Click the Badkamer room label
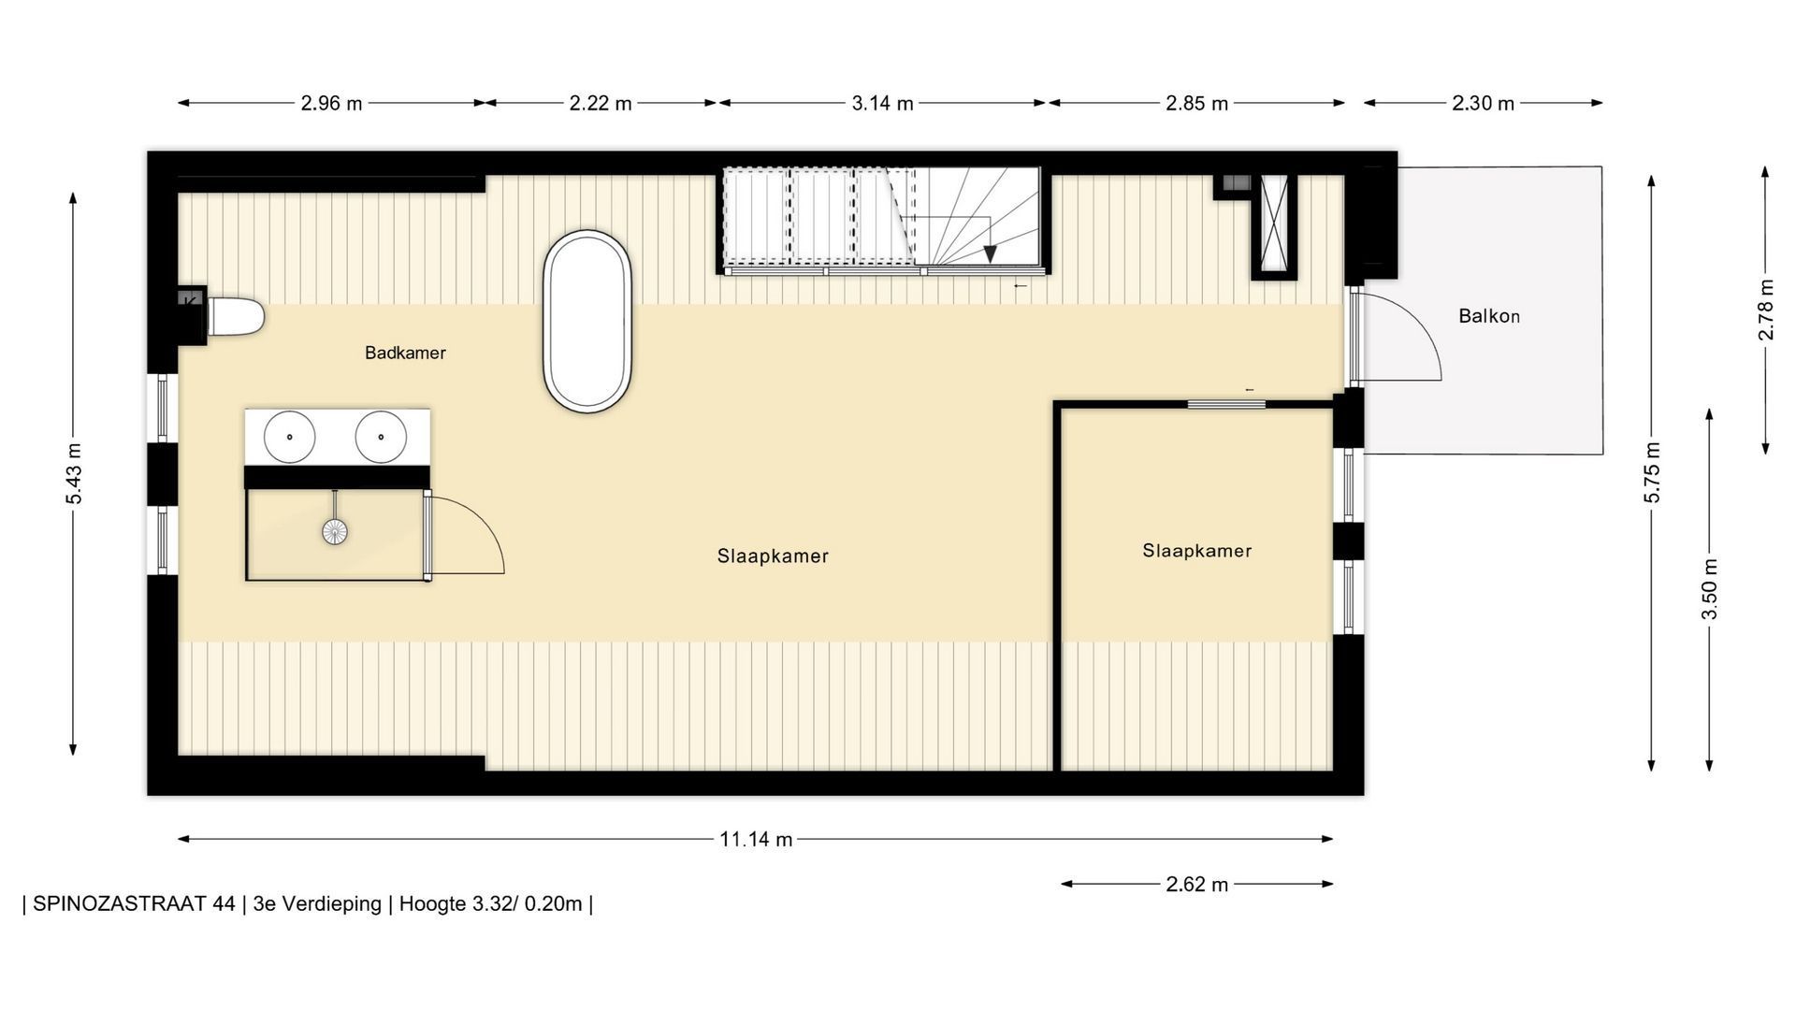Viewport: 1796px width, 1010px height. (x=405, y=353)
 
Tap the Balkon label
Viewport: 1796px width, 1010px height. (x=1489, y=316)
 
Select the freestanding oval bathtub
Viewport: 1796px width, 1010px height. (x=587, y=321)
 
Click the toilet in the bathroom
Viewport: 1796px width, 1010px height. (x=234, y=316)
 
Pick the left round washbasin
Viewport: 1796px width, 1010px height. (x=289, y=436)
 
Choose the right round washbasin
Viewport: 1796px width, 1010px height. (x=381, y=436)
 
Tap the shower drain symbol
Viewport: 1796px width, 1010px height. (x=335, y=531)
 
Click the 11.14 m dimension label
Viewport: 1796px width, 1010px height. (x=756, y=839)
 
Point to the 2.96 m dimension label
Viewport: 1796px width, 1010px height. (x=331, y=103)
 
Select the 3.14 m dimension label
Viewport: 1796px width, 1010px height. (x=882, y=103)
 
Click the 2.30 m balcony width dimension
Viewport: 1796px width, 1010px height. (x=1483, y=103)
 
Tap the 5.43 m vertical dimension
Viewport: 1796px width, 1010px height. (x=74, y=472)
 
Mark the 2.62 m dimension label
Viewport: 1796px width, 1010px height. (x=1197, y=884)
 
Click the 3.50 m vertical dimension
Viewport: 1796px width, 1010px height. (x=1709, y=589)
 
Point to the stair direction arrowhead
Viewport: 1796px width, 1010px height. (x=990, y=254)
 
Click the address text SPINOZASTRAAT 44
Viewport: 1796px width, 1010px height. (x=134, y=903)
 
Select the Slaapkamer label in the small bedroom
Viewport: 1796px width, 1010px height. (x=1196, y=551)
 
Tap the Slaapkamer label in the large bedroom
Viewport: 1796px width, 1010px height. (x=773, y=555)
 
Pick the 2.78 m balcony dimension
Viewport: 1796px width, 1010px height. (x=1765, y=310)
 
